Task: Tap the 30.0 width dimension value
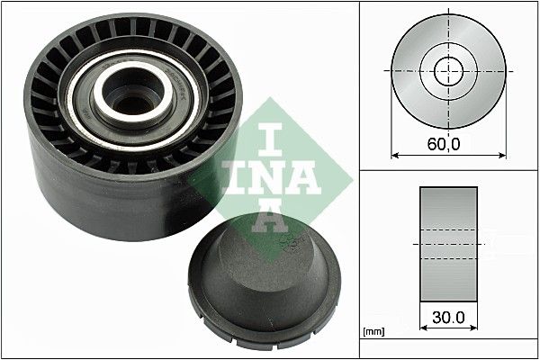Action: pos(448,318)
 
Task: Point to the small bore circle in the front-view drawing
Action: pos(447,70)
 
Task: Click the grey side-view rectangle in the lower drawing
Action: pos(448,243)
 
